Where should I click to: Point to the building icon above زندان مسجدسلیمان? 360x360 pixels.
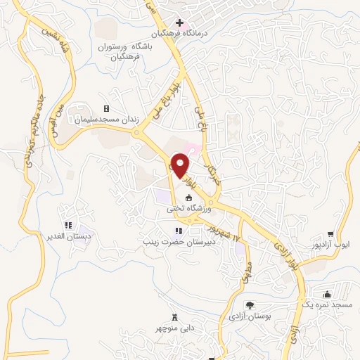click(106, 108)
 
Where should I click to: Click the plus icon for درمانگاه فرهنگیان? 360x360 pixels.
click(179, 22)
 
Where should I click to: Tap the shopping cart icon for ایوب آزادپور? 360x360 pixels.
click(330, 234)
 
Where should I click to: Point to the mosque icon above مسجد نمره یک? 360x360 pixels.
click(327, 295)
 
